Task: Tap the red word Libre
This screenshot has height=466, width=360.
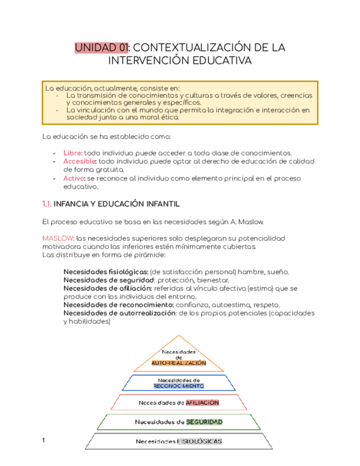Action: tap(72, 152)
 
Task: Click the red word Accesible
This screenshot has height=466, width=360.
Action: tap(80, 161)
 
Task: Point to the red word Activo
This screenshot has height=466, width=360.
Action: tap(74, 179)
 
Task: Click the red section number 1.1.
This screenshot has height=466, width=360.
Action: tap(47, 204)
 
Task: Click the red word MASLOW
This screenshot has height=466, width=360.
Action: tap(58, 238)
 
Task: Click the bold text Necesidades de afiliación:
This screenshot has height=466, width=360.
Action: tap(108, 288)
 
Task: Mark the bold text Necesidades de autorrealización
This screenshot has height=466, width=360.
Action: tap(119, 313)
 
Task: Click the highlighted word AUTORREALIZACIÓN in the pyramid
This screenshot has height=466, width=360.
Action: tap(179, 363)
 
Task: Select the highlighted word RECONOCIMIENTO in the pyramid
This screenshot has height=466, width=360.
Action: tap(179, 386)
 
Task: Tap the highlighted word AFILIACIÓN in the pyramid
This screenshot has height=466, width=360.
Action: tap(202, 403)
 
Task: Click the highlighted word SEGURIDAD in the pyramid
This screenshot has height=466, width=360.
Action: tap(204, 422)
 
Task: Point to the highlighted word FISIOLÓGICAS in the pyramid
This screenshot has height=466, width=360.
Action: tap(200, 441)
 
